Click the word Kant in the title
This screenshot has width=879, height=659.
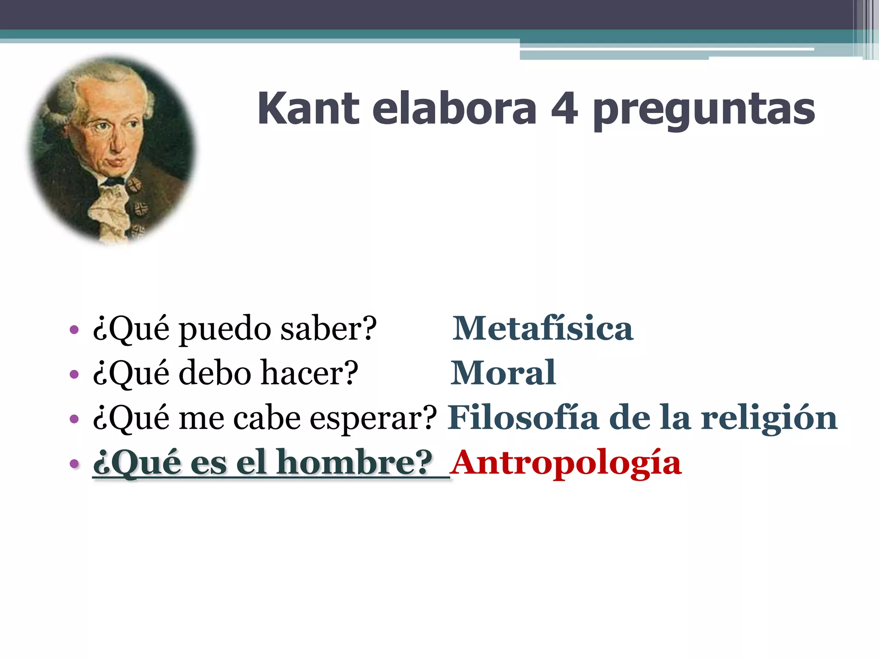pyautogui.click(x=308, y=109)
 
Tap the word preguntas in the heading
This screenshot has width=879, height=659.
pyautogui.click(x=704, y=111)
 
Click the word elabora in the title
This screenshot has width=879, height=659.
pyautogui.click(x=454, y=109)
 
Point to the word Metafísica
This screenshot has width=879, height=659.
pyautogui.click(x=543, y=328)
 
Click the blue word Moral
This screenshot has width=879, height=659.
pyautogui.click(x=503, y=373)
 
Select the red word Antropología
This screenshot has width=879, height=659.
pyautogui.click(x=567, y=463)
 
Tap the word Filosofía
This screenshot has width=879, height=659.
pyautogui.click(x=523, y=417)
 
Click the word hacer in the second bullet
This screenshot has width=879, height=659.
pyautogui.click(x=309, y=373)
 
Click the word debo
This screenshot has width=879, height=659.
pyautogui.click(x=215, y=373)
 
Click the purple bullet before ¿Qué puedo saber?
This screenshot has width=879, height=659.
pyautogui.click(x=74, y=329)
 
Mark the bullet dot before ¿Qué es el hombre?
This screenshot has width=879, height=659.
pyautogui.click(x=74, y=463)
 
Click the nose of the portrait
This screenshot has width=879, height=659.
pyautogui.click(x=115, y=144)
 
